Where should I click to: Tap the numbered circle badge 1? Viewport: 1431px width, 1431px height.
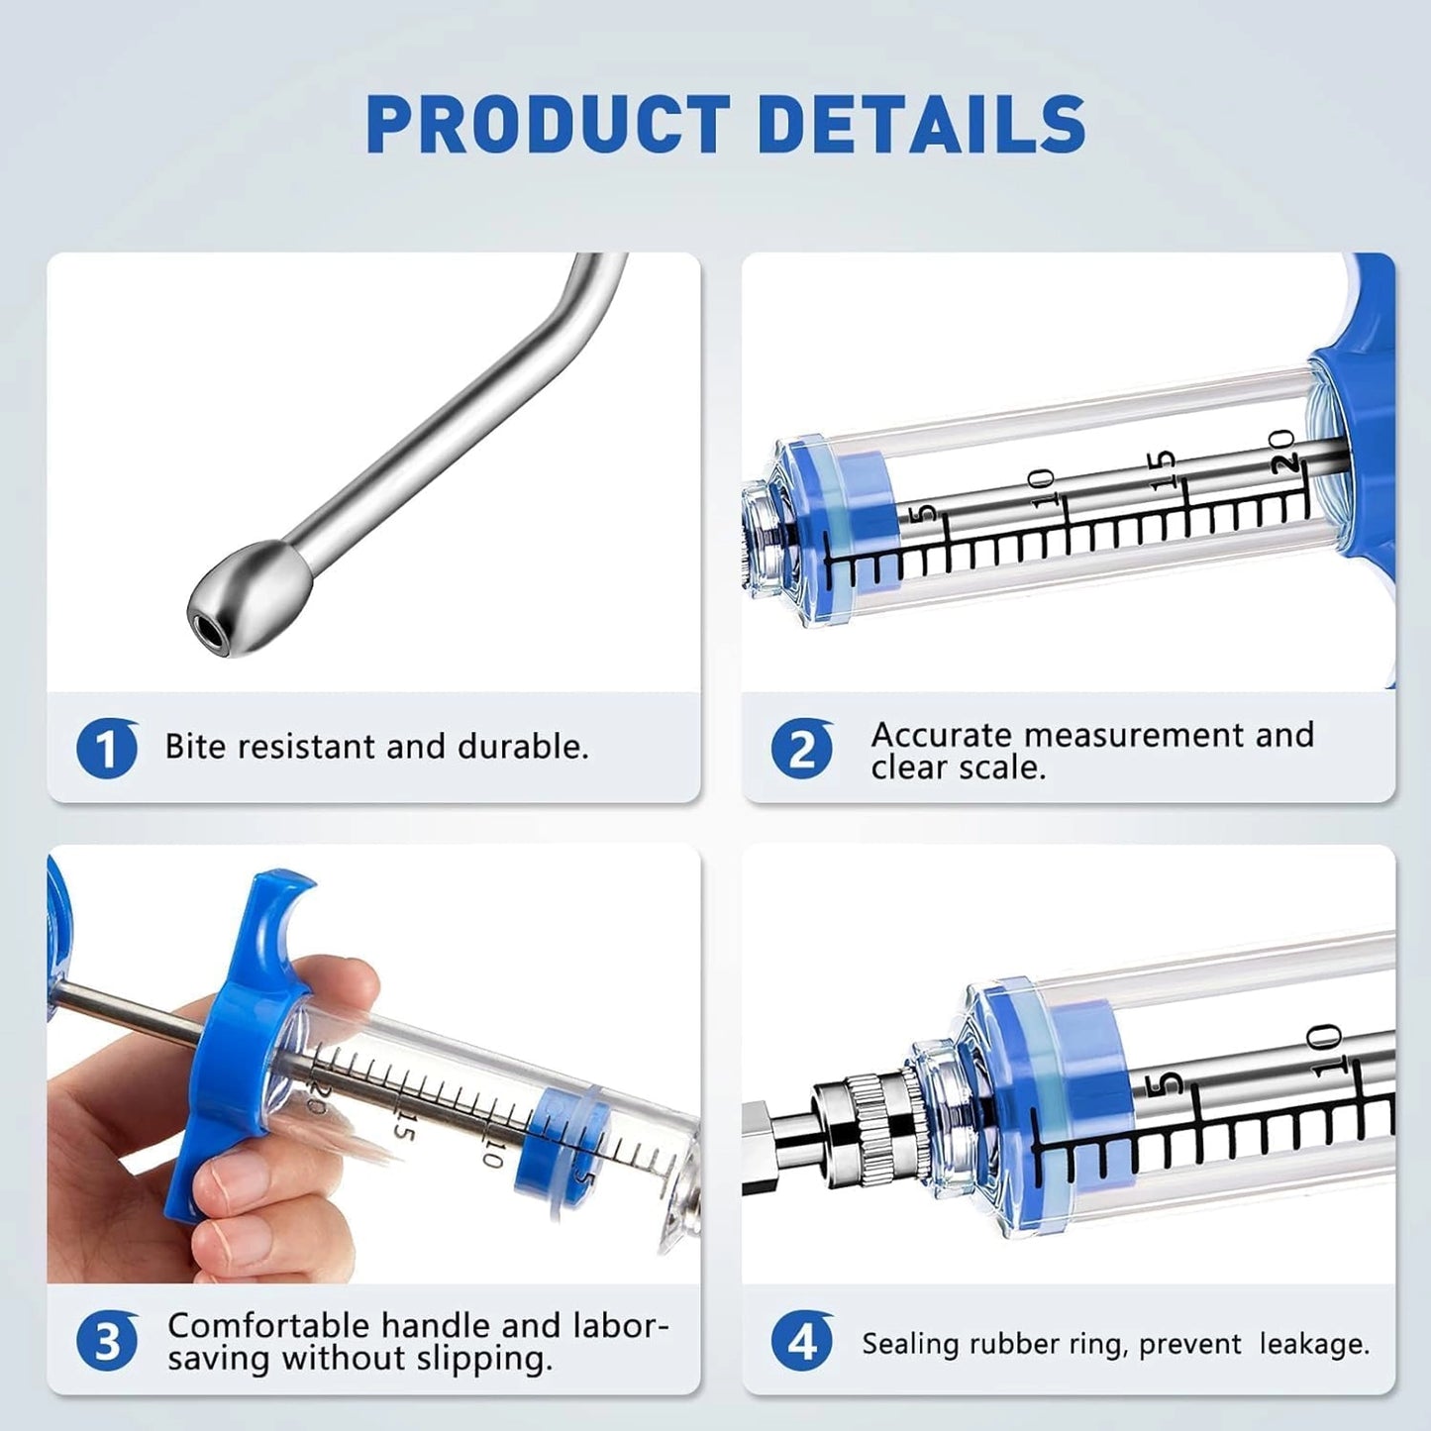[x=106, y=749]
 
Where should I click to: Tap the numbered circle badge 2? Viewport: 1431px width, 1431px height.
[x=801, y=749]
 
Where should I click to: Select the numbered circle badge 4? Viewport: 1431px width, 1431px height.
[x=801, y=1342]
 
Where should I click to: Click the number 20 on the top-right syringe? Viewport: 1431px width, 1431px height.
[x=1283, y=452]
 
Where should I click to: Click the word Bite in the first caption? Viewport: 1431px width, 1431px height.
[x=196, y=747]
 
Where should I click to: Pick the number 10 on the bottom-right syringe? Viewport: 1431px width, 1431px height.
[x=1324, y=1047]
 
